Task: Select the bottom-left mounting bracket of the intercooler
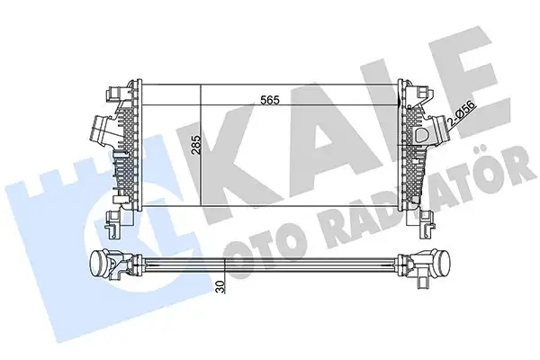(115, 219)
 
